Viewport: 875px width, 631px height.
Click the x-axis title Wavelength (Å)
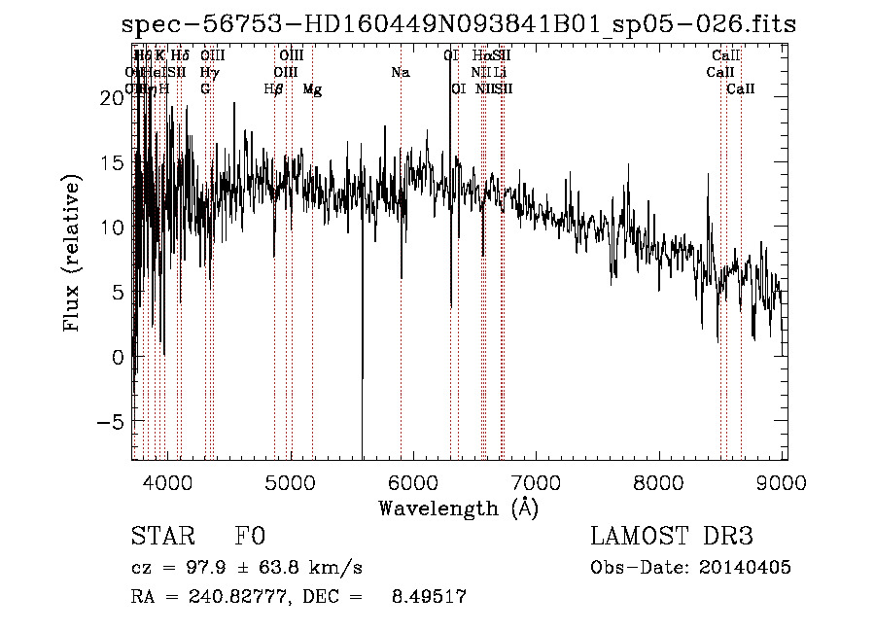pos(458,508)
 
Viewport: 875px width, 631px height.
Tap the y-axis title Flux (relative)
pos(72,255)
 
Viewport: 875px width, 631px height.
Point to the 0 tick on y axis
pos(118,357)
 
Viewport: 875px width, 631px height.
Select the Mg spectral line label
pos(312,89)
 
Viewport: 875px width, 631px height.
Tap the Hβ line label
pos(274,89)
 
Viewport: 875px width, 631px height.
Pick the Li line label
pos(500,72)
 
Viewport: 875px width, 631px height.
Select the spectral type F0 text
pos(250,537)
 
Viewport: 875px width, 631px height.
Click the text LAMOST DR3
pos(671,537)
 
